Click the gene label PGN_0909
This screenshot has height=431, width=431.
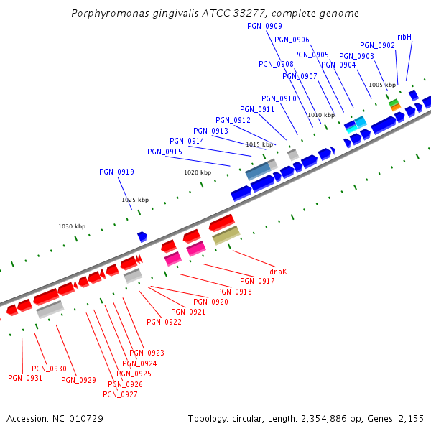coord(264,26)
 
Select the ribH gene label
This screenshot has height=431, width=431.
coord(404,37)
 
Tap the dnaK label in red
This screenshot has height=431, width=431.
coord(278,272)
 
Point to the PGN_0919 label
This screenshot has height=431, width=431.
coord(116,172)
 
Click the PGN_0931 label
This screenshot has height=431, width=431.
coord(25,378)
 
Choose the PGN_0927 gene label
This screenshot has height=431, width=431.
coord(120,394)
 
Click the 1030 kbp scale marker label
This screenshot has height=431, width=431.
coord(72,226)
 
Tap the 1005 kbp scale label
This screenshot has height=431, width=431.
coord(382,85)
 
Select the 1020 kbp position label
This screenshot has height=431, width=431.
coord(198,172)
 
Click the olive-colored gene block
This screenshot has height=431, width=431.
coord(226,235)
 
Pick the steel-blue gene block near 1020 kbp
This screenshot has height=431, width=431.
coord(258,171)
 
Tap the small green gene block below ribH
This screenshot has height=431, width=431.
coord(394,103)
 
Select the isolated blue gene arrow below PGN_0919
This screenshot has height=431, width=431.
coord(142,236)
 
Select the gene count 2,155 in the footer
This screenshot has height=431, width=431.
coord(412,418)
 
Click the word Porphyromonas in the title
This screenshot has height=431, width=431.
coord(104,14)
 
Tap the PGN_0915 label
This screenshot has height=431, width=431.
coord(164,152)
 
